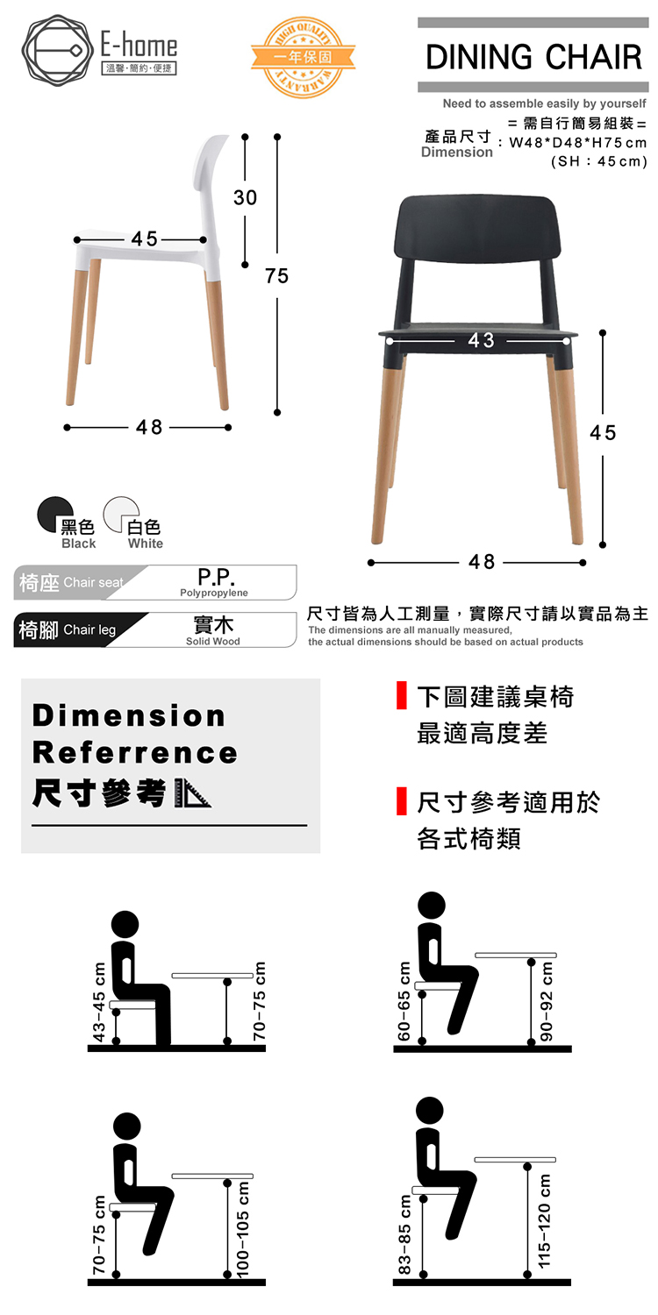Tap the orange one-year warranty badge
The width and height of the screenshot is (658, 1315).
pos(303,57)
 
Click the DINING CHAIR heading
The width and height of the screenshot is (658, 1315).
pos(533,57)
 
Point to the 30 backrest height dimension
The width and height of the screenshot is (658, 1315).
pos(246,197)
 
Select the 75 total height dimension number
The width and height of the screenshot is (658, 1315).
pos(276,276)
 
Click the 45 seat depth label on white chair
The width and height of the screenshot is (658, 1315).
pos(145,238)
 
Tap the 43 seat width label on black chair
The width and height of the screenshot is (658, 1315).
pos(481,340)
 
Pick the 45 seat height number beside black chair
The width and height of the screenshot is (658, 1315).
pos(603,433)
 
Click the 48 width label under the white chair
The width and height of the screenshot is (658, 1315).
pos(148,427)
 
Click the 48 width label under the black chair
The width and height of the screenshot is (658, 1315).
pos(482,562)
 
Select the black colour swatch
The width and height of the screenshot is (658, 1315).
pos(54,514)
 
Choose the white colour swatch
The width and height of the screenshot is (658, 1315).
pos(121,514)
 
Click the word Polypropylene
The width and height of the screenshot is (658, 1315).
pos(213,594)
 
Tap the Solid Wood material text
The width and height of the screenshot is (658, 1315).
pos(212,642)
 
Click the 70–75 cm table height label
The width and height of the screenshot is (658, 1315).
pos(259,1001)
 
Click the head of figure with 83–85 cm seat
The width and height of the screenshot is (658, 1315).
pos(430,1111)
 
